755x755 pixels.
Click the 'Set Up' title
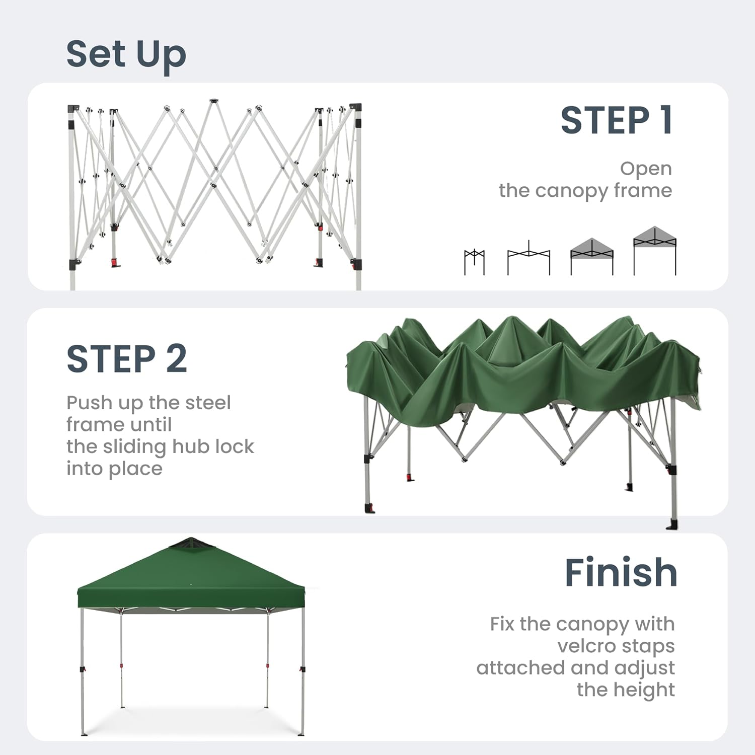[126, 54]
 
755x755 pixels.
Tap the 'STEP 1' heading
[616, 121]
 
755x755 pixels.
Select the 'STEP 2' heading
[127, 359]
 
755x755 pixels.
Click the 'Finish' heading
[621, 572]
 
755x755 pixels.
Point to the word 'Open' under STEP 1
[646, 169]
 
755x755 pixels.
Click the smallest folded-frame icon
[474, 262]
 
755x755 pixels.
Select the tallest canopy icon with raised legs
[654, 250]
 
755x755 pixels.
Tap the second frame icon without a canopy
[528, 258]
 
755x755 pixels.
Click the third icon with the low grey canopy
[592, 256]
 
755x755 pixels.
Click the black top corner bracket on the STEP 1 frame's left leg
[73, 109]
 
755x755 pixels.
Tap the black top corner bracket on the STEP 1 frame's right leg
[355, 107]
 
